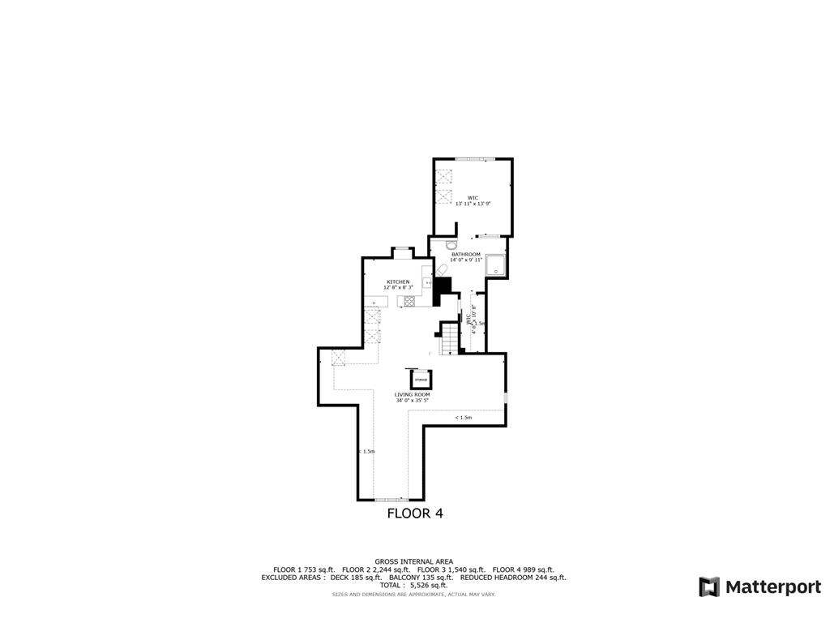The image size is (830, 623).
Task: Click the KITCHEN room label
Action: pos(398,281)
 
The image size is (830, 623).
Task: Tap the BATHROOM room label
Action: pos(466,254)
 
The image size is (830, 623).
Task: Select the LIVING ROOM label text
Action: pos(413,394)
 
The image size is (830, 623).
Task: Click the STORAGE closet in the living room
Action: pos(421,380)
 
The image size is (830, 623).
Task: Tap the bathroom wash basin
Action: pos(451,243)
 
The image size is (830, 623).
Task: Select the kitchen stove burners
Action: pos(409,301)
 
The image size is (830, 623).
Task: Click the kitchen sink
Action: pos(427,282)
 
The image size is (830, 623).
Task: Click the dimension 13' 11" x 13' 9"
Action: pos(473,204)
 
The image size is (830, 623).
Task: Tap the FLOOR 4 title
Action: pos(415,513)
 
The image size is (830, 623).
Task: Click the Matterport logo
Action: pos(760,586)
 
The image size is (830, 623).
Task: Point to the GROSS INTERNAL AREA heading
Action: pos(413,561)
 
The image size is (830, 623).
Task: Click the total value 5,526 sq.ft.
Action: pos(428,585)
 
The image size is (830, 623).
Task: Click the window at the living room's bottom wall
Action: pos(391,500)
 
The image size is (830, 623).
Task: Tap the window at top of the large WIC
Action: pos(473,158)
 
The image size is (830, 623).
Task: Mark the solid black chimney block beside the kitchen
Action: pos(443,287)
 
